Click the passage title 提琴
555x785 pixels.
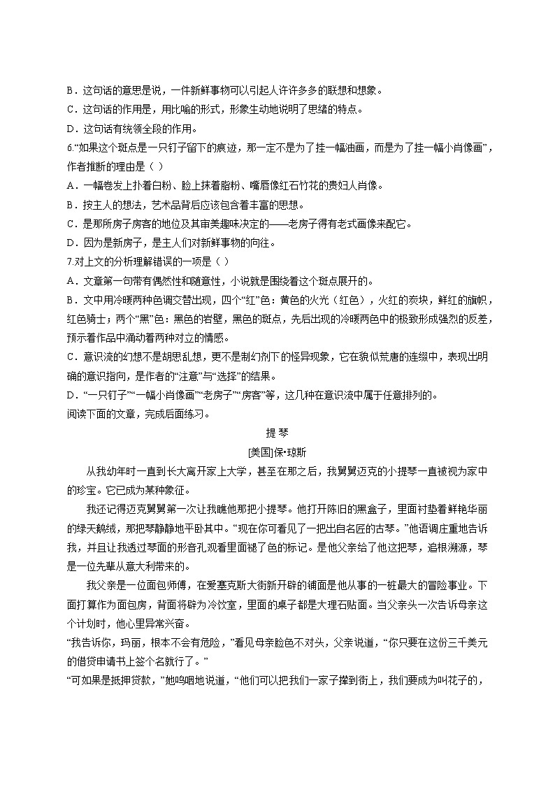coord(277,432)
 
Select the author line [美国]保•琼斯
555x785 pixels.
coord(277,452)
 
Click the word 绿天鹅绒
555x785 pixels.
coord(102,528)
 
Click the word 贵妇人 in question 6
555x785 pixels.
coord(331,185)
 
